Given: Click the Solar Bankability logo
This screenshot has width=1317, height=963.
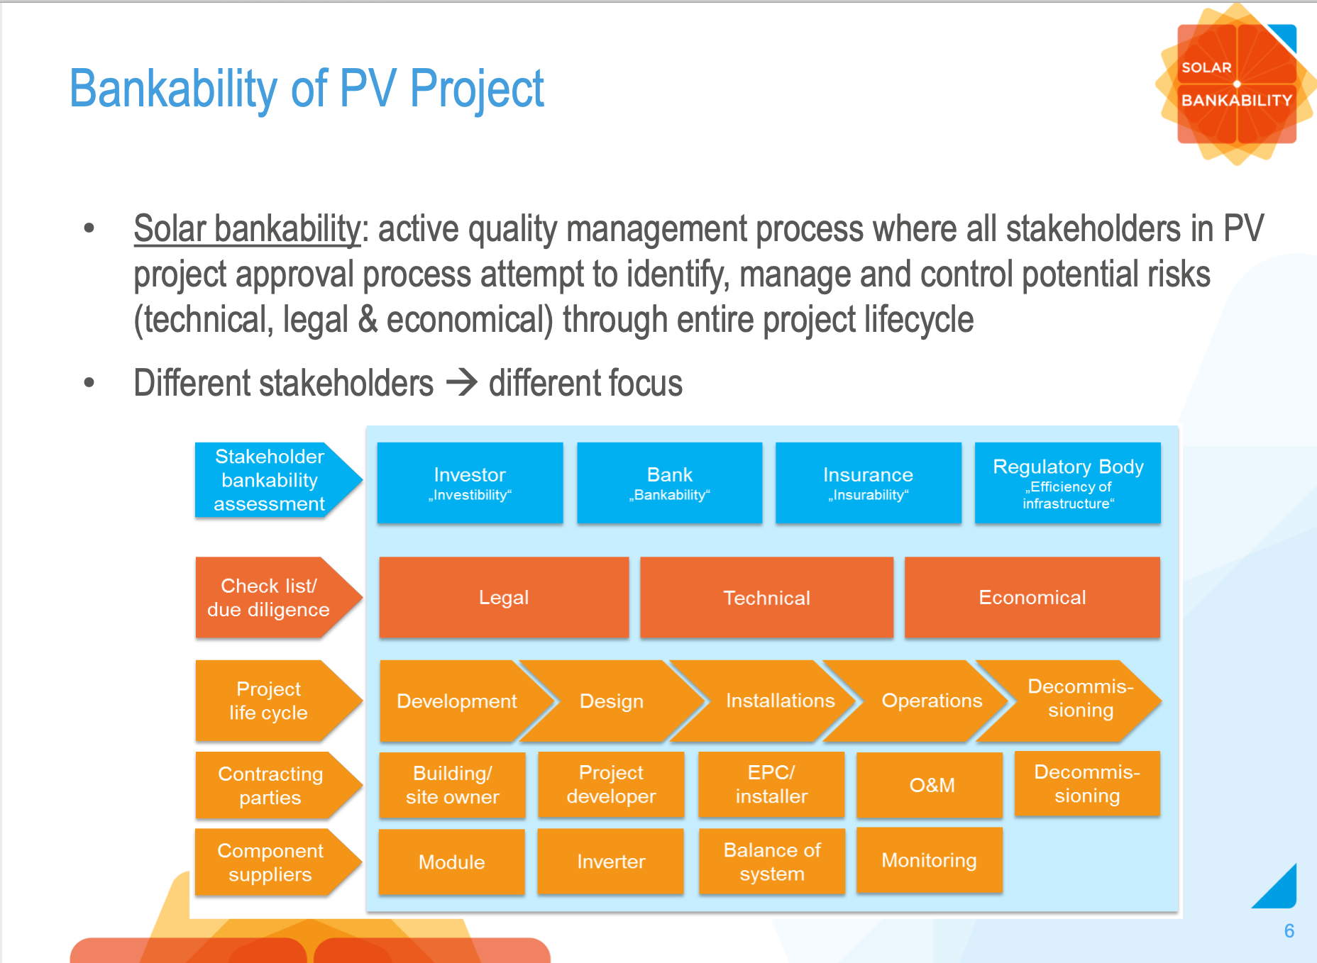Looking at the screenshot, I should coord(1236,84).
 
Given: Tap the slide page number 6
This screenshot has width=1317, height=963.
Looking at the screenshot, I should coord(1289,931).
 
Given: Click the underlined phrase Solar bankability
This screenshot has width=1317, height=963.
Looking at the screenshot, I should coord(247,229).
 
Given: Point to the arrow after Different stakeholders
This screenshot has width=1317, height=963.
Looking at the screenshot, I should coord(462,383).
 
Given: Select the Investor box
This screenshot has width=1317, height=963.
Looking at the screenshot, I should coord(470,483).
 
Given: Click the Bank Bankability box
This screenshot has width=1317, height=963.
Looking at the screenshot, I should coord(669,483).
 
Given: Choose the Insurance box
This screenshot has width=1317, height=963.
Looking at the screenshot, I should coord(868,483).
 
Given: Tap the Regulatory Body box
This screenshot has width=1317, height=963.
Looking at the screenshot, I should coord(1067,483).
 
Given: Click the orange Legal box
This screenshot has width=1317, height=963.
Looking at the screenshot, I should coord(504,597).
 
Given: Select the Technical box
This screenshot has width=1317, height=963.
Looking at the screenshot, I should coord(766,597).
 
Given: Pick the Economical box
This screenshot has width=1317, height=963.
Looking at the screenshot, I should coord(1032,597).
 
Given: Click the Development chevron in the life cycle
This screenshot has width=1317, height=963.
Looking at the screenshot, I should coord(456,701).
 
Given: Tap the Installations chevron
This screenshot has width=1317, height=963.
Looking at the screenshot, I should coord(779,701).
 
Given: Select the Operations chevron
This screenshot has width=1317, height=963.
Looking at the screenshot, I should coord(931,701).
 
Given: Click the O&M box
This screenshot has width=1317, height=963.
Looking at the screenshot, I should coord(931,785).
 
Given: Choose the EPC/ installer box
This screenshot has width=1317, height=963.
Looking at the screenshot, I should coord(771,784).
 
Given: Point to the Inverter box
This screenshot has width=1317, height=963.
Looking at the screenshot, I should coord(611,861).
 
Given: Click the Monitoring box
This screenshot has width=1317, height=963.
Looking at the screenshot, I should coord(929,860).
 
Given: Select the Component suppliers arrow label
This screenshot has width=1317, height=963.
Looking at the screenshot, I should coord(270,862).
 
